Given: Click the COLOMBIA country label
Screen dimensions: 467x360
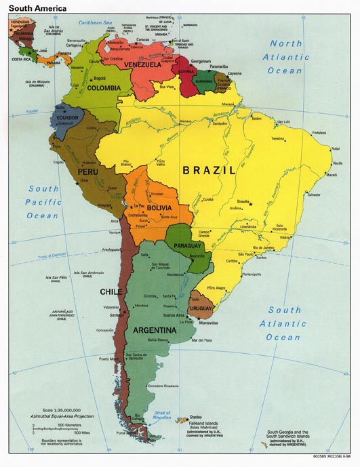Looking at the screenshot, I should [x=102, y=87].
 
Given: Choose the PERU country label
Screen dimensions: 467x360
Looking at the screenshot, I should [x=89, y=173].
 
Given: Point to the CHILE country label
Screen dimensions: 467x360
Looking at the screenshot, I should [x=111, y=292].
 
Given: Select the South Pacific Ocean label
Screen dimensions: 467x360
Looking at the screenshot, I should [x=43, y=202].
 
